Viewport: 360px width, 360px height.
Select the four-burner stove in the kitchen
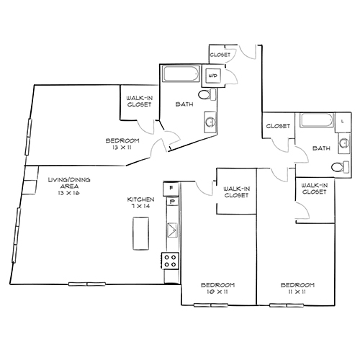tap(171, 260)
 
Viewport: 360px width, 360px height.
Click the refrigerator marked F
tap(171, 189)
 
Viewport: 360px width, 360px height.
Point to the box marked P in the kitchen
tap(171, 202)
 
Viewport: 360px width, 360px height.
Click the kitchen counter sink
tap(171, 230)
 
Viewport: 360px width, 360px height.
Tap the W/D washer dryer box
tap(213, 76)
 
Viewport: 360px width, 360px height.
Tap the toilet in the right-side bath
tap(336, 167)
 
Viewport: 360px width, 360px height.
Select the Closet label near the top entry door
tap(219, 55)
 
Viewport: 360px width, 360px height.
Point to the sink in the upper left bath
tap(210, 122)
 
